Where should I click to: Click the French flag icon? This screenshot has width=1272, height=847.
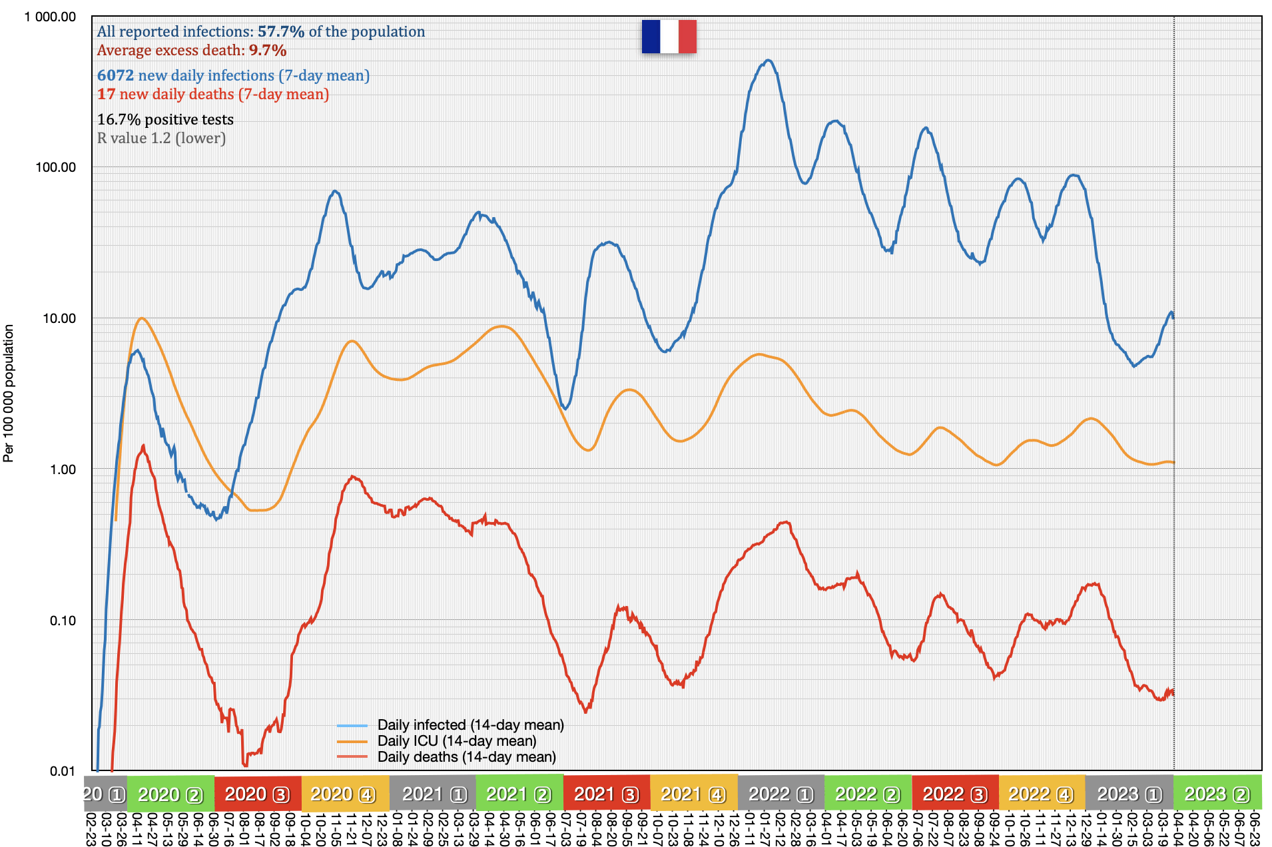tap(669, 37)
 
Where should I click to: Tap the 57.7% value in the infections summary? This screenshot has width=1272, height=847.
tap(281, 32)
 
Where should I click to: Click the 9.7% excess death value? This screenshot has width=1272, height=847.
tap(268, 51)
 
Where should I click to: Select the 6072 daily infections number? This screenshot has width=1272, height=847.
tap(116, 76)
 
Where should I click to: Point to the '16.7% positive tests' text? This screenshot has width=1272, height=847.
tap(165, 120)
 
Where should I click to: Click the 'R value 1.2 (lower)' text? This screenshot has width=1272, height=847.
tap(161, 139)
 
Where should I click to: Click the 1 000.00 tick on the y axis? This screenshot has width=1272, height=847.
tap(51, 17)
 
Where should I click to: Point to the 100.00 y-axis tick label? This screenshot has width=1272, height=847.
tap(56, 167)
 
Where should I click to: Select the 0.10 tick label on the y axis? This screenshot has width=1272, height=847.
tap(63, 621)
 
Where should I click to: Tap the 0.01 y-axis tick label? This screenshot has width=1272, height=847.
tap(63, 771)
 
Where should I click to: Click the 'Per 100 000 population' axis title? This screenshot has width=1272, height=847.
tap(9, 393)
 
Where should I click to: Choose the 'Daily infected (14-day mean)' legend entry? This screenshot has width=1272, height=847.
tap(470, 725)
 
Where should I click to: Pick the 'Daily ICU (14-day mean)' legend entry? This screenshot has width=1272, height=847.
tap(456, 741)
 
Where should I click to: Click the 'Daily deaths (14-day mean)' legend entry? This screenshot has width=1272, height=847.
tap(466, 757)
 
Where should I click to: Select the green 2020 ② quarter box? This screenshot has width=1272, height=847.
tap(170, 794)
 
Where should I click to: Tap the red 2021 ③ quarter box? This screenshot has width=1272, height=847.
tap(607, 794)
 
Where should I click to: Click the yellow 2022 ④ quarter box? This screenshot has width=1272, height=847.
tap(1042, 794)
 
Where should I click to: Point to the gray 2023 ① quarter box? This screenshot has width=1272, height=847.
tap(1129, 794)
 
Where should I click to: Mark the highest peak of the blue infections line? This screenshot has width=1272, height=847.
tap(769, 61)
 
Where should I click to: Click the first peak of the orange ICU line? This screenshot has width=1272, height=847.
tap(141, 318)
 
